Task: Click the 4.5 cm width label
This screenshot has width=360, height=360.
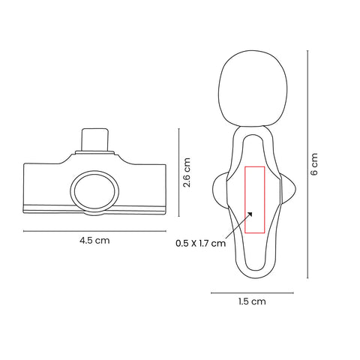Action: tap(94, 241)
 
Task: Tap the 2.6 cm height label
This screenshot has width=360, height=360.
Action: tap(187, 172)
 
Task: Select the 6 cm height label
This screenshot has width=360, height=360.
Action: tap(314, 164)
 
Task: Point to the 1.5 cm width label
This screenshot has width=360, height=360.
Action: tap(252, 301)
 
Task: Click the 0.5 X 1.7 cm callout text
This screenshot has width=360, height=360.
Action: tap(200, 243)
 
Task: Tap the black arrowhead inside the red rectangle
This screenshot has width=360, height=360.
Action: tap(250, 214)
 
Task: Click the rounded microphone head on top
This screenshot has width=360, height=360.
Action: tap(253, 88)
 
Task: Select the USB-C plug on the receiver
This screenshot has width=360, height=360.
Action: tap(95, 139)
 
